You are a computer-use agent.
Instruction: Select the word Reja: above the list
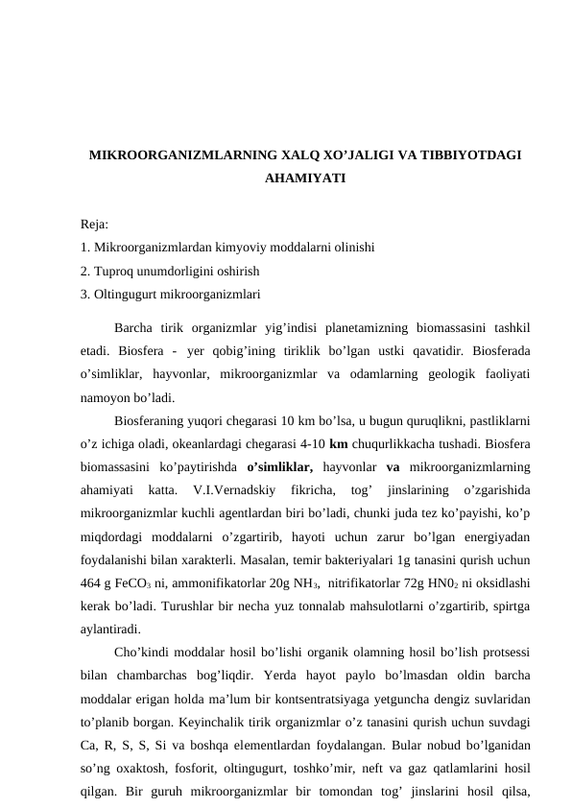click(x=95, y=225)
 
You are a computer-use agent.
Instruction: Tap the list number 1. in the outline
click(x=86, y=247)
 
